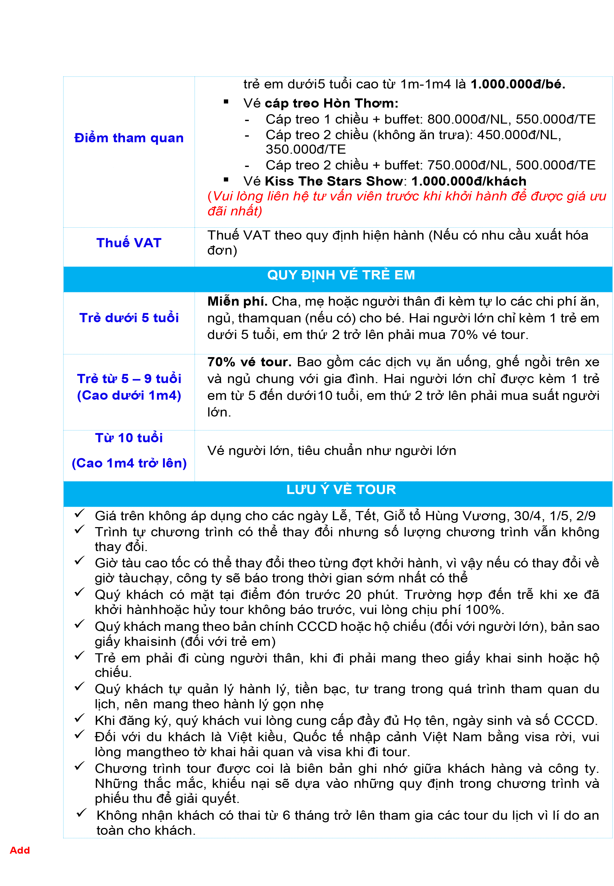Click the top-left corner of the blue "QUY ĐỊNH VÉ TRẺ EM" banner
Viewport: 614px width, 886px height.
coord(63,266)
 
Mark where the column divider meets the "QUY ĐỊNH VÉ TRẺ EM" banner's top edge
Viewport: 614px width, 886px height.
coord(195,266)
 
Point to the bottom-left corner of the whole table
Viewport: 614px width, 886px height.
coord(63,838)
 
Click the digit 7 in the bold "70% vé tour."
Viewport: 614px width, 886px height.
coord(211,362)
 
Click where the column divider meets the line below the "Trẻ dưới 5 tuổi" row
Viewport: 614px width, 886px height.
coord(195,354)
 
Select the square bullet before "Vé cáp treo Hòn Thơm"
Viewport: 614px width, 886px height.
coord(226,102)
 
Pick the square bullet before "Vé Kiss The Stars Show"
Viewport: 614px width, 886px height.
coord(226,179)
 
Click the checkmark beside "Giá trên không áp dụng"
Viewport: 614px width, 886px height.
coord(79,514)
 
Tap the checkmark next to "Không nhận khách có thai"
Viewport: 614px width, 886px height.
coord(81,813)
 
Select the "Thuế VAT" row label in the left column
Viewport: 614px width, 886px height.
coord(129,243)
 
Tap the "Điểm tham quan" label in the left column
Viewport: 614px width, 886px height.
coord(129,138)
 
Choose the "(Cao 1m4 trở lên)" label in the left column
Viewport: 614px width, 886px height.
coord(129,463)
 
